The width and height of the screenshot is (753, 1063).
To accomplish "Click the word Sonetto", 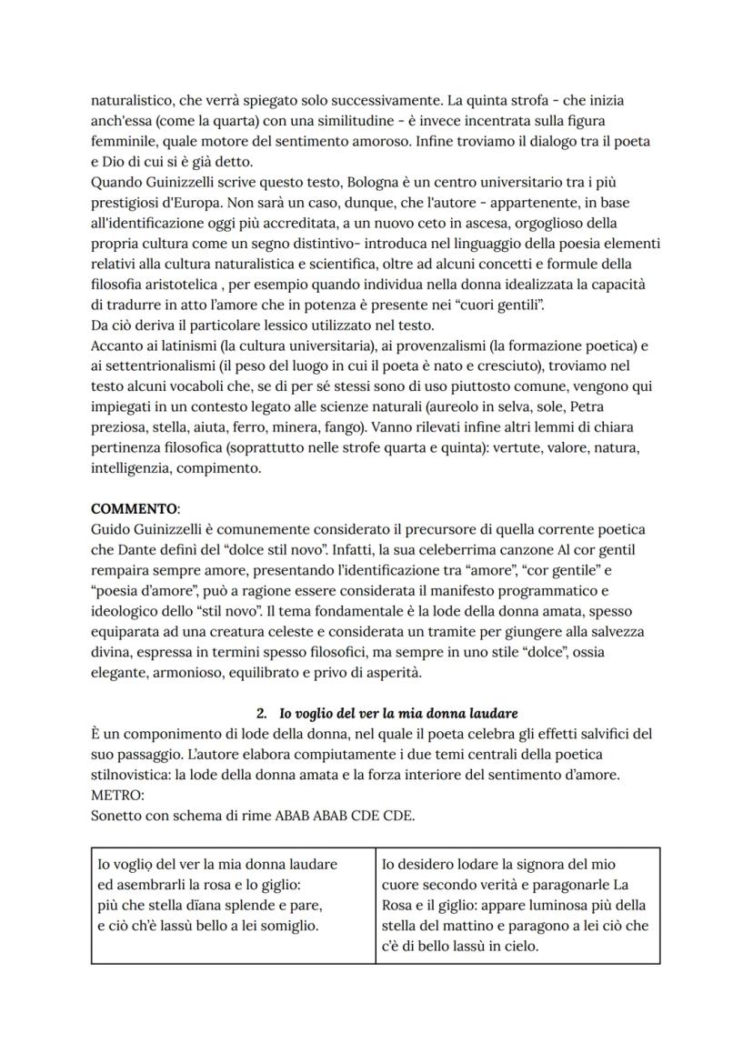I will pyautogui.click(x=118, y=815).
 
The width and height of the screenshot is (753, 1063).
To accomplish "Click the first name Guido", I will pyautogui.click(x=110, y=529).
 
